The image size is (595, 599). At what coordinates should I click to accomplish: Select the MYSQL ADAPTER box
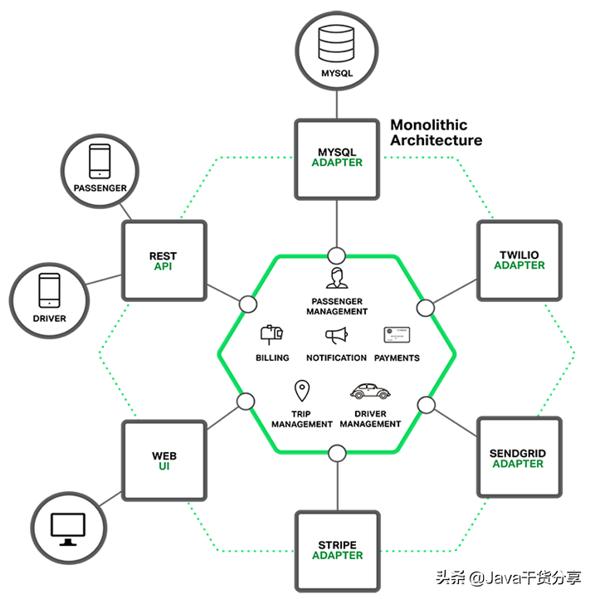[x=337, y=158]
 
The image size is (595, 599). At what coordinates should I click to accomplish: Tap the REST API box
[x=163, y=261]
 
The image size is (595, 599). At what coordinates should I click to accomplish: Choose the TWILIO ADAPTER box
[x=519, y=261]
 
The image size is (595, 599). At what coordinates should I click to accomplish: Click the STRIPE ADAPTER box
[x=337, y=550]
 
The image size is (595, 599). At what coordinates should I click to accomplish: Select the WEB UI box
[x=163, y=460]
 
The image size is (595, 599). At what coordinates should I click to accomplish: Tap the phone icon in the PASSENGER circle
[x=100, y=162]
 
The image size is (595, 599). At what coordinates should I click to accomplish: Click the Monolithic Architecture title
[x=436, y=133]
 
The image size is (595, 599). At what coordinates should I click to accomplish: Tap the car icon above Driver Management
[x=369, y=391]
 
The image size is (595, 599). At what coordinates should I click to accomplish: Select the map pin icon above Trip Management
[x=301, y=390]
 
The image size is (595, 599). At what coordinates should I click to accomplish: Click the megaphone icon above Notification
[x=336, y=336]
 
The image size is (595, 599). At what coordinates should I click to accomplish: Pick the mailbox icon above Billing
[x=271, y=333]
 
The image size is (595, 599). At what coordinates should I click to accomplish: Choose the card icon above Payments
[x=397, y=334]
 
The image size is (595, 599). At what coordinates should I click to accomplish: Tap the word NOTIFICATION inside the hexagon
[x=336, y=358]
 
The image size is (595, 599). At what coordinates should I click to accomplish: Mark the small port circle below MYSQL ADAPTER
[x=337, y=255]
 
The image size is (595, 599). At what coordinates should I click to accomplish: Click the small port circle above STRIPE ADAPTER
[x=337, y=453]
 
